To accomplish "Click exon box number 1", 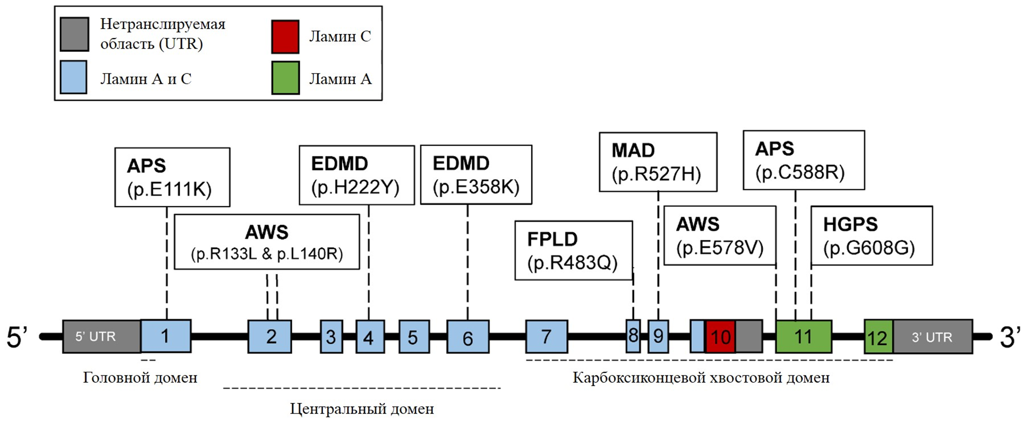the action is (x=166, y=336).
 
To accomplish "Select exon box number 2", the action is (x=270, y=336).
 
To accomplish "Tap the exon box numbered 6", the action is (x=468, y=336).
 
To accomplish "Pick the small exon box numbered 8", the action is (x=633, y=336).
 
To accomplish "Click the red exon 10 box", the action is (x=720, y=336).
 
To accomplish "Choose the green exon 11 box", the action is (x=804, y=336).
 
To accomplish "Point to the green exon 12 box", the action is (x=878, y=337).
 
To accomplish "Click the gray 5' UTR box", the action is (x=101, y=336).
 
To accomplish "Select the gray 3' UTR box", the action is (x=933, y=337).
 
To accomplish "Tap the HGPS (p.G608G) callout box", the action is (x=871, y=235).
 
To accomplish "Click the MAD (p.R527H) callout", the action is (x=658, y=162).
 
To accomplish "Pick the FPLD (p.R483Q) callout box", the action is (x=573, y=250).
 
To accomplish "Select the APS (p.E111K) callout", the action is (x=172, y=177).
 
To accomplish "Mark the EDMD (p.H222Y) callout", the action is (x=356, y=175).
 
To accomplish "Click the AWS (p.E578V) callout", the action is (x=720, y=235).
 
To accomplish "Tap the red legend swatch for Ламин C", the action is (x=285, y=37).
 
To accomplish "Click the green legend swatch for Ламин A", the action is (x=285, y=78).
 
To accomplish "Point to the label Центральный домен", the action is (x=362, y=409).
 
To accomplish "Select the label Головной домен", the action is (x=140, y=377).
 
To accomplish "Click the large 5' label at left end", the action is (x=17, y=337).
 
